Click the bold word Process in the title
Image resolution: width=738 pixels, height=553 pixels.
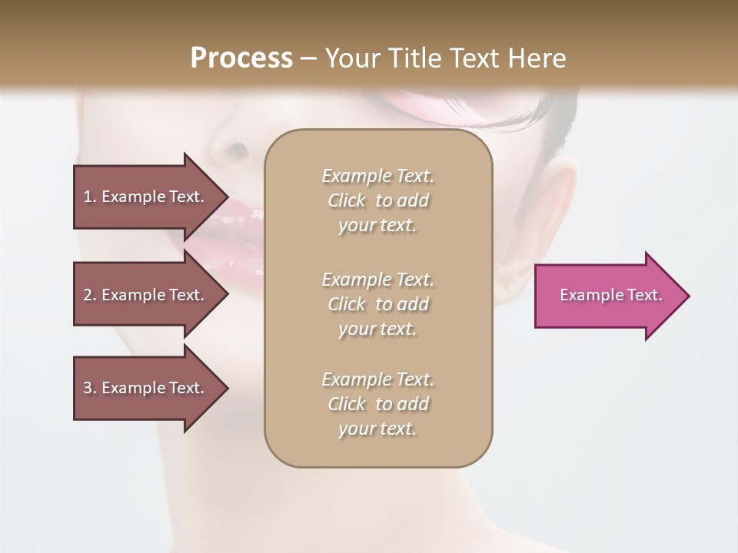pos(241,58)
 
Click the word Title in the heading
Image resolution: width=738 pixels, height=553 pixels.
pos(416,58)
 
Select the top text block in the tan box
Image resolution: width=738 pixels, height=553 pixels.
pos(377,200)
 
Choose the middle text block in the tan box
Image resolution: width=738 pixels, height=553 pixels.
pos(377,304)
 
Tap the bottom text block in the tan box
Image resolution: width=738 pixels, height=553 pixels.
pos(377,404)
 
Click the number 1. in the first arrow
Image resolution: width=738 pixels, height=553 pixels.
pos(90,197)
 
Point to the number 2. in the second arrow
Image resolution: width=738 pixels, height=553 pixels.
pos(90,295)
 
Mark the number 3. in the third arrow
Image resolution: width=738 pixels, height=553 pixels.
pos(90,388)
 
